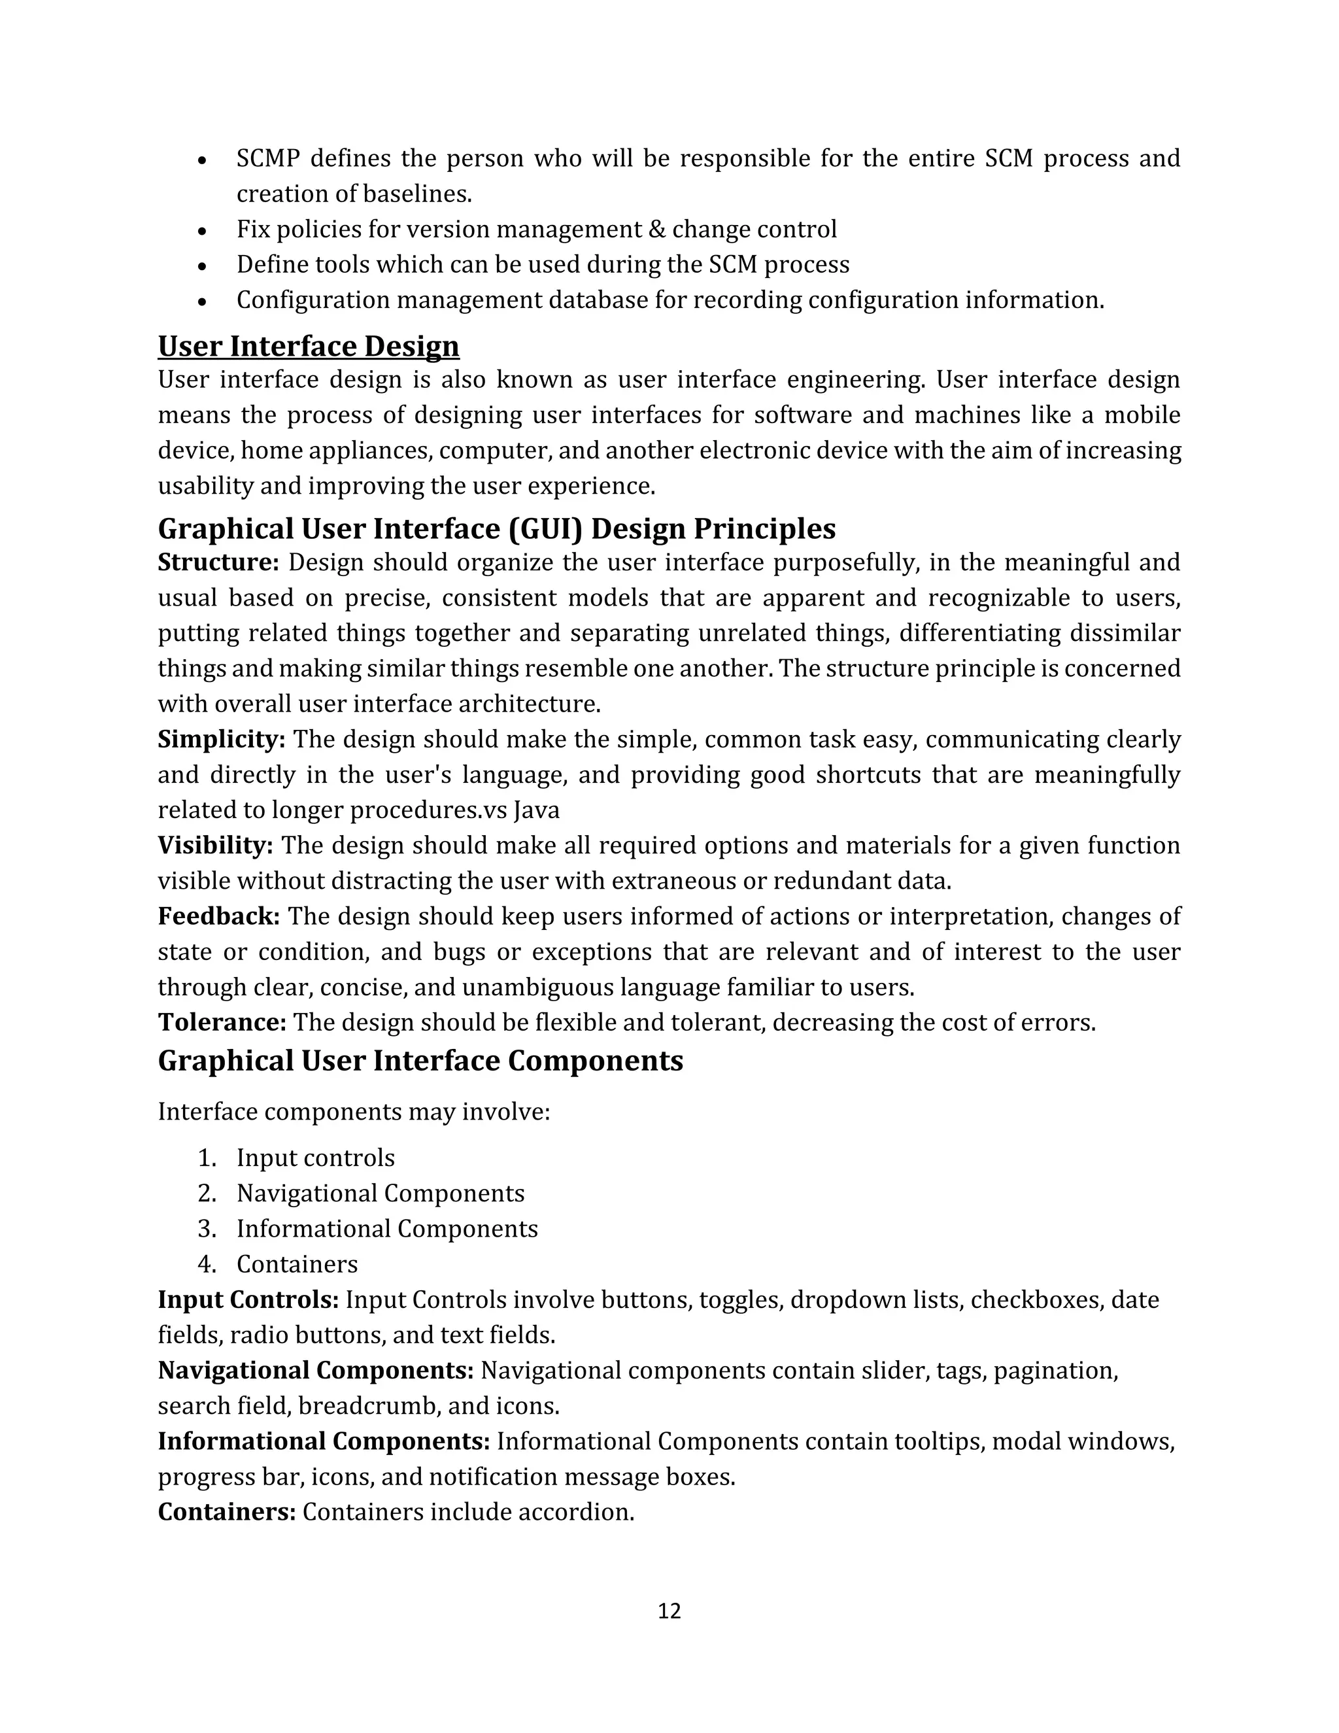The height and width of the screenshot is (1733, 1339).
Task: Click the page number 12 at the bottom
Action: point(669,1611)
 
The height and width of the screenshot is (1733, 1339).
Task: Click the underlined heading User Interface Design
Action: point(309,347)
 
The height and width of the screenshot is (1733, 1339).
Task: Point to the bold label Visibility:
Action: point(215,846)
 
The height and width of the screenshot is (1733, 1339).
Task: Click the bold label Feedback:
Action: point(219,916)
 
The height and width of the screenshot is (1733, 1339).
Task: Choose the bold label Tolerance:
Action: point(222,1023)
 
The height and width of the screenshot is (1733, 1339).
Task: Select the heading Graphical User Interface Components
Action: point(420,1061)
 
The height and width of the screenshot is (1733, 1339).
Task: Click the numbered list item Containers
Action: point(297,1265)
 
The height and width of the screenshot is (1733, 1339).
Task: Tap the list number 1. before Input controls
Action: point(207,1159)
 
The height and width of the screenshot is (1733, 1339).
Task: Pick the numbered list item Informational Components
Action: point(387,1229)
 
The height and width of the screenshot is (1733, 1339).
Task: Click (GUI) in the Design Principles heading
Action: point(544,529)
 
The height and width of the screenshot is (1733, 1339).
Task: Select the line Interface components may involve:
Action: point(354,1112)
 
